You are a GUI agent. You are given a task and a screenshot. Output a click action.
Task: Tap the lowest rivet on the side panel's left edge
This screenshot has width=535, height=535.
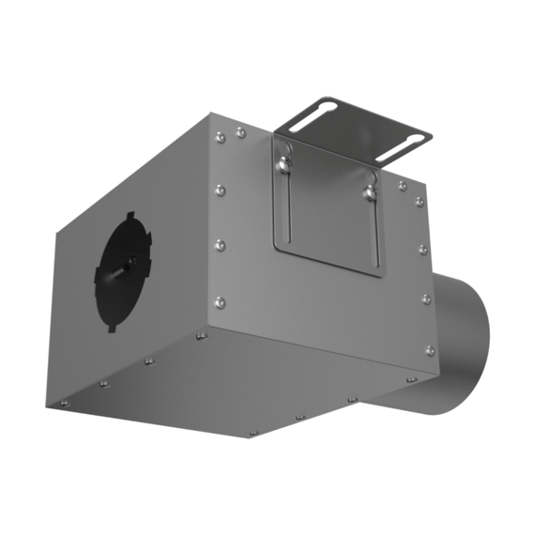tap(220, 302)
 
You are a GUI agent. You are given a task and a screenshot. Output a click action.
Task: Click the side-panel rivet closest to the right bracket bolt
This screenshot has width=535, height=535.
tap(402, 186)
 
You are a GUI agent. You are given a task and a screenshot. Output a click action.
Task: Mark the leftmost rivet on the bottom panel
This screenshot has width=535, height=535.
tap(65, 403)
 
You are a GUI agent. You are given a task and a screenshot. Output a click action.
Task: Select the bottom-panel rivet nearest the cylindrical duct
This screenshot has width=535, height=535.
tap(411, 378)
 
